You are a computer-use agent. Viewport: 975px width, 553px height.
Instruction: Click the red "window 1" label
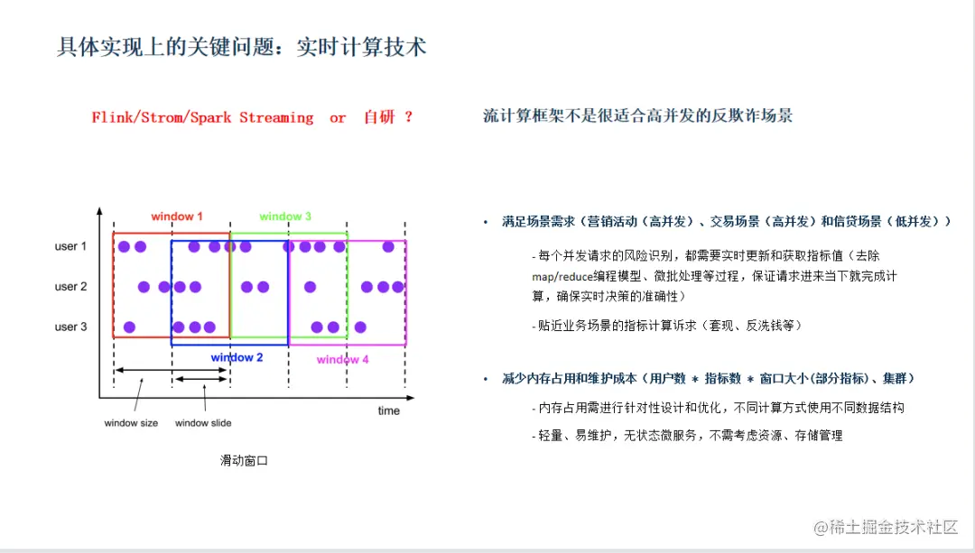tap(177, 217)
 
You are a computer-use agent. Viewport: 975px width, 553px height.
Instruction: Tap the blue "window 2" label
tap(237, 358)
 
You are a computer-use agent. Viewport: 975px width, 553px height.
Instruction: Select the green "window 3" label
tap(285, 217)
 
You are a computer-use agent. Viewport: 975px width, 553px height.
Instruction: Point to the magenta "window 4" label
tap(342, 360)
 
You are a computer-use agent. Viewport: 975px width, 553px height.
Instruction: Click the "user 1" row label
tap(70, 246)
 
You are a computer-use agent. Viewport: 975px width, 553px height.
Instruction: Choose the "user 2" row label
tap(70, 287)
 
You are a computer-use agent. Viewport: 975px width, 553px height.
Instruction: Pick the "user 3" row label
tap(70, 327)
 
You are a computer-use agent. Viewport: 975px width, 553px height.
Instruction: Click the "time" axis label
tap(388, 411)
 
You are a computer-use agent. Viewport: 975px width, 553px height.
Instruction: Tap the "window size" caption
tap(131, 423)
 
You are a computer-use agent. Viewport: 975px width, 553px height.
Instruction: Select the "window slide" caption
tap(203, 423)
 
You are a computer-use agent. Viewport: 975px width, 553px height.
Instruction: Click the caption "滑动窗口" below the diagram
tap(244, 460)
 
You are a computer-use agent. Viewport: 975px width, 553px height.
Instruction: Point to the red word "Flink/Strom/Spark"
tap(162, 118)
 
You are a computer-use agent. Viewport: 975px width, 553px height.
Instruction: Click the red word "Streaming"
tap(276, 118)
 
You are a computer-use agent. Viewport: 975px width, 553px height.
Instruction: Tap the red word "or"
tap(338, 118)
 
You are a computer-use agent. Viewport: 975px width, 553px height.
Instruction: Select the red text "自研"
tap(379, 118)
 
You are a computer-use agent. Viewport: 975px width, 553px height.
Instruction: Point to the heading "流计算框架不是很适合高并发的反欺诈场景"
tap(638, 116)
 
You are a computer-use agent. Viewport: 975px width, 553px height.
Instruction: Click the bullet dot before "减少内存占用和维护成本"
tap(485, 378)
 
